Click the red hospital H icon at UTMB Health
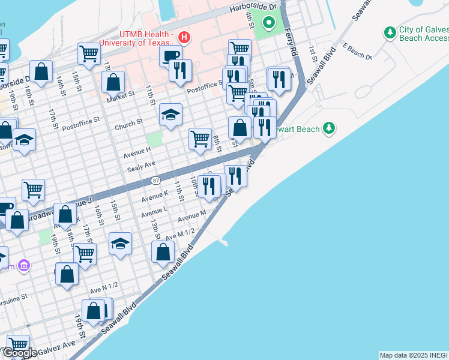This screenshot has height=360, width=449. (185, 38)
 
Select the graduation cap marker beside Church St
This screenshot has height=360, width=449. (171, 114)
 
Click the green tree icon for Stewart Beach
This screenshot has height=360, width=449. (328, 128)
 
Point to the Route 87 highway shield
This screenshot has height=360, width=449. (156, 181)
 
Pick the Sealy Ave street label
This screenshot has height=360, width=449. (142, 165)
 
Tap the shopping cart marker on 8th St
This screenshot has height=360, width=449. (200, 138)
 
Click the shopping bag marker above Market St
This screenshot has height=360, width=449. (113, 81)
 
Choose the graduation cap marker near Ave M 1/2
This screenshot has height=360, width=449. (121, 244)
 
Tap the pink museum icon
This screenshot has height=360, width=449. (23, 265)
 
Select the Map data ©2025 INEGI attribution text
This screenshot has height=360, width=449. (413, 355)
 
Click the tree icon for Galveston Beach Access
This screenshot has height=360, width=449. (390, 32)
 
